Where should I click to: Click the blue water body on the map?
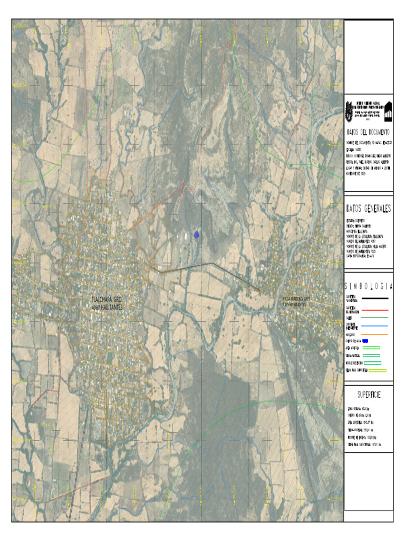click(x=197, y=234)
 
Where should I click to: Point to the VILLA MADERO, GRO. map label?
click(x=296, y=300)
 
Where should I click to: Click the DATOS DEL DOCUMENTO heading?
click(x=368, y=132)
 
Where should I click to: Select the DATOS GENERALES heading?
click(x=368, y=209)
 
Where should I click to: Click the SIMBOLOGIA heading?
click(x=368, y=286)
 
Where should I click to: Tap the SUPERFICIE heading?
click(x=368, y=395)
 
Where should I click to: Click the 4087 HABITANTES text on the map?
click(x=107, y=307)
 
